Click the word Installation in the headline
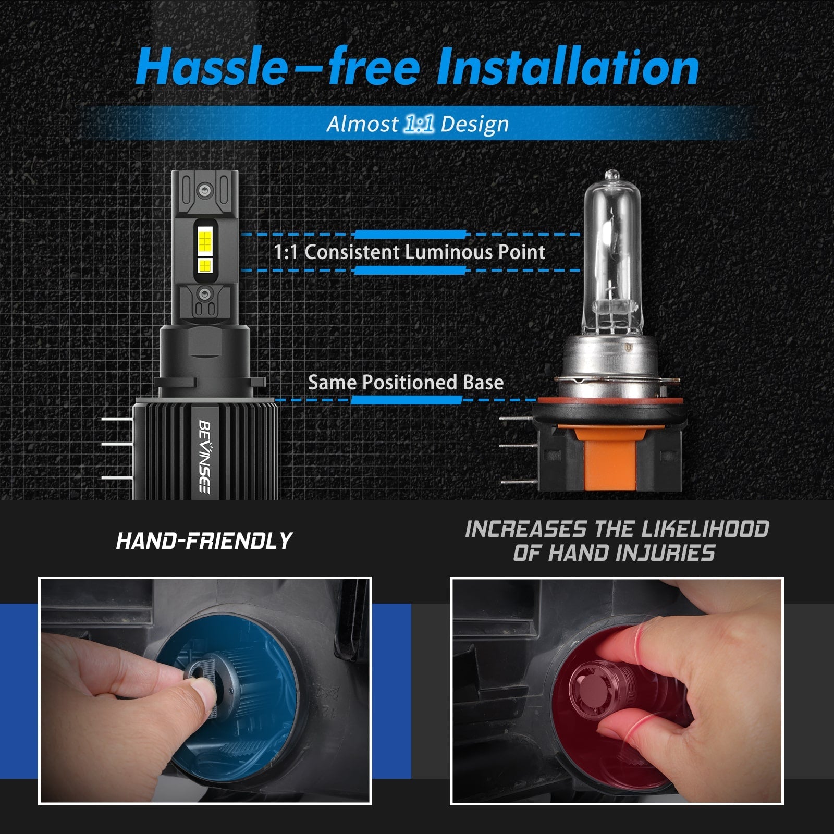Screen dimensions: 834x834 (x=568, y=68)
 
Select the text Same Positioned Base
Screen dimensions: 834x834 (x=406, y=383)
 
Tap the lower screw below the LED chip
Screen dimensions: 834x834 (x=205, y=293)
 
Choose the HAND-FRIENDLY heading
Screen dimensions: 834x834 (x=204, y=541)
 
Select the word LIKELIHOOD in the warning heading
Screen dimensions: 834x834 (x=705, y=529)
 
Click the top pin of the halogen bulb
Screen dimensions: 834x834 (x=516, y=418)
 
